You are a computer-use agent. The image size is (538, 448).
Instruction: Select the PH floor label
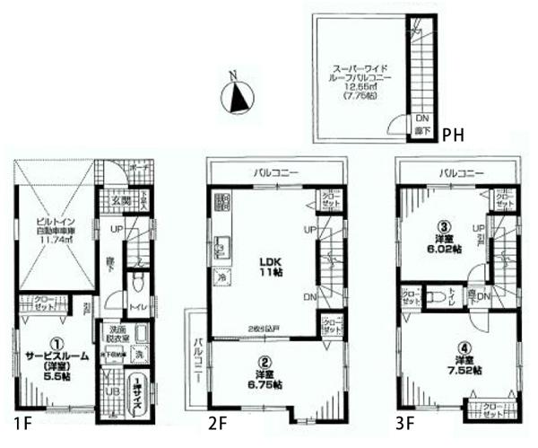[453, 135]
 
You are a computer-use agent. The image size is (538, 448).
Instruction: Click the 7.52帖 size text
[464, 370]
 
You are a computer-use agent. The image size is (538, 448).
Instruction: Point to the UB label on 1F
[109, 393]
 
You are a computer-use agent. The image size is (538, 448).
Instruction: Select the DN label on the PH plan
[421, 119]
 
